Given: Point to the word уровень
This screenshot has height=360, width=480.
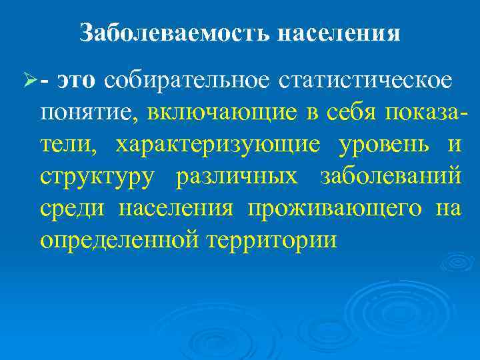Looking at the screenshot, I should (x=389, y=145).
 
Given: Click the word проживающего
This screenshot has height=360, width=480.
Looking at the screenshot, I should (x=334, y=208).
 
